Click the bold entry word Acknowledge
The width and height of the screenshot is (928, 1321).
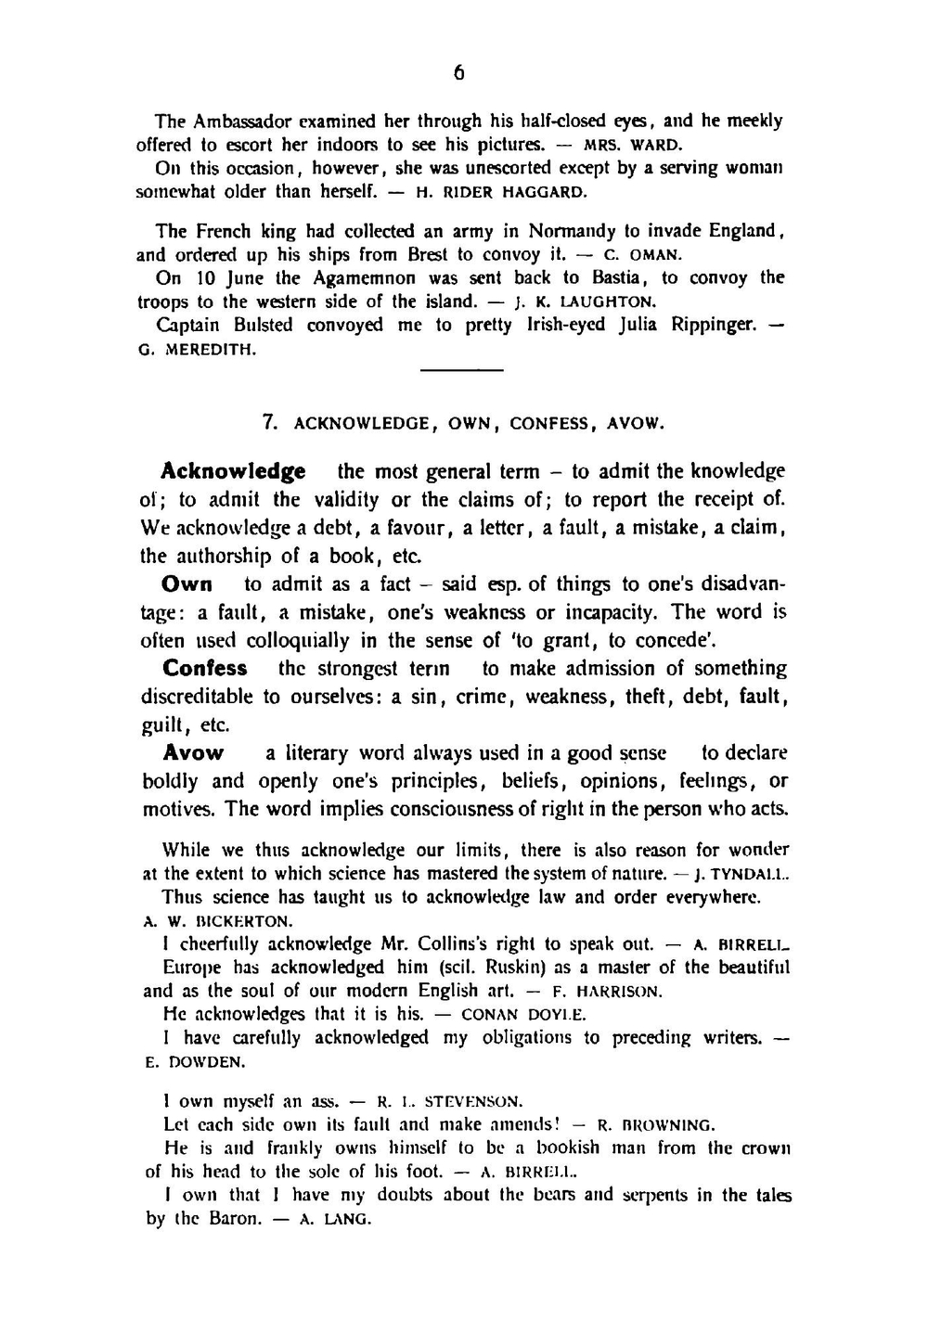tap(233, 471)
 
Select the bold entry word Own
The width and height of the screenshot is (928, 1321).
tap(187, 584)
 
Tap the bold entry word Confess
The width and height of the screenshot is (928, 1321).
tap(205, 669)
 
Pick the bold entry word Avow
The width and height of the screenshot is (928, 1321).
tap(193, 753)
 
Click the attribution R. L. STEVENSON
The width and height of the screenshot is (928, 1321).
tap(449, 1102)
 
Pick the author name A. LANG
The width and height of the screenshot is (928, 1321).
tap(334, 1220)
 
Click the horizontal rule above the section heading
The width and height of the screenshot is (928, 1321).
tap(461, 371)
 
